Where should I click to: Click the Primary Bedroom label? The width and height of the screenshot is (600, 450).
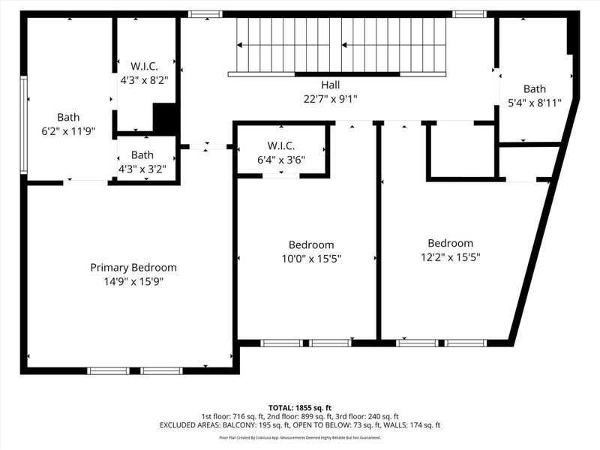(x=133, y=268)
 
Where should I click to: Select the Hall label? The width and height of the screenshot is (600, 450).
(x=330, y=85)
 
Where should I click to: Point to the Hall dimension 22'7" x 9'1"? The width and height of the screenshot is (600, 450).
(x=330, y=98)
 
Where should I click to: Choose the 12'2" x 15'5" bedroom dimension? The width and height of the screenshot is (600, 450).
(x=450, y=256)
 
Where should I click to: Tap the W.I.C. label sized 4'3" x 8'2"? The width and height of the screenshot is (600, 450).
(x=142, y=64)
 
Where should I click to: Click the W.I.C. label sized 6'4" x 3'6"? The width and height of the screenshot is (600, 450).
(x=281, y=145)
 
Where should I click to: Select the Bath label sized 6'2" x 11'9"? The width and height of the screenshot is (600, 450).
(x=68, y=117)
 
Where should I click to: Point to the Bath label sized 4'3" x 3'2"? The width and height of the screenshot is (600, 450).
(x=142, y=155)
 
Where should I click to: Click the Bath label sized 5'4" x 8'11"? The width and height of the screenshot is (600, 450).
(x=535, y=88)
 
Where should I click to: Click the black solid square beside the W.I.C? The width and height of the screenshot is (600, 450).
(x=164, y=118)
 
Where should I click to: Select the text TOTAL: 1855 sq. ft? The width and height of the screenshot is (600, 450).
(x=299, y=406)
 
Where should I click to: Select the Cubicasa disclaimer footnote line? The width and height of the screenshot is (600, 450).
(x=299, y=437)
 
